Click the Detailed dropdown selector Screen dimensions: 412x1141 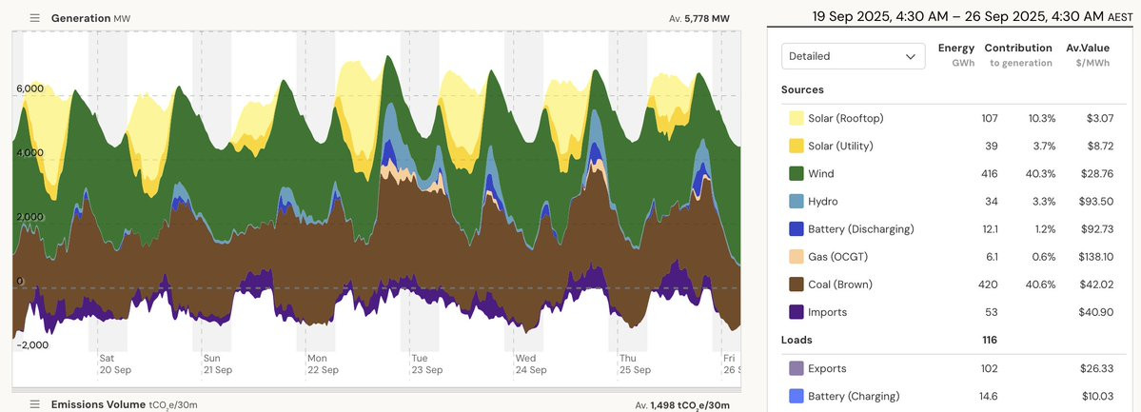[853, 56]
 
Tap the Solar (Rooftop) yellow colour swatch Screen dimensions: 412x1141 [796, 118]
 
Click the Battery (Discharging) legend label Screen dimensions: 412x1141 [860, 229]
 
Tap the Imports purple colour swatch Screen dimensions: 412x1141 [796, 312]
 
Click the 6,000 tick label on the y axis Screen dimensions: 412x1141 [30, 88]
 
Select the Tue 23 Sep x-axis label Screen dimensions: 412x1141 [425, 364]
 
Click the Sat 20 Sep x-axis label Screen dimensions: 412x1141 [114, 364]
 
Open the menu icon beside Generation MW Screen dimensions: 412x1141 [35, 18]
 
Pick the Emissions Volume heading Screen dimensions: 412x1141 [98, 404]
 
